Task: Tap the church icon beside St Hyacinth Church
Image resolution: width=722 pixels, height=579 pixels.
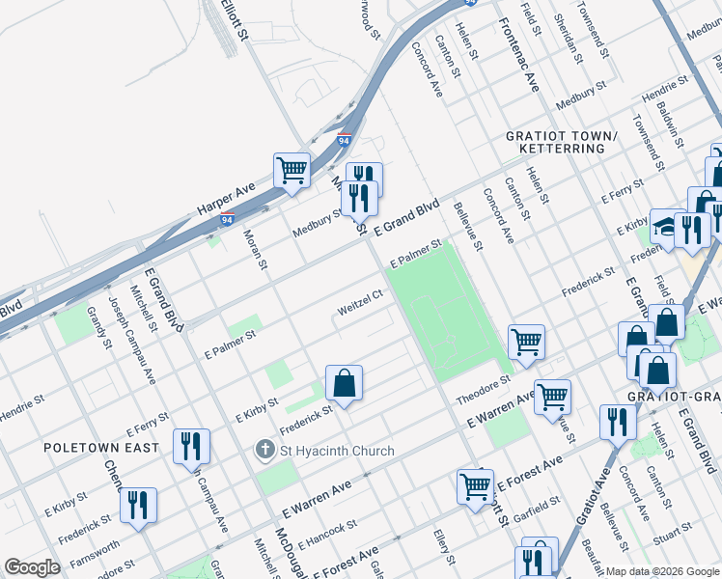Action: (x=265, y=451)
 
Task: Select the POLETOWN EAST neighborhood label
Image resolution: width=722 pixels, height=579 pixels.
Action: (x=88, y=448)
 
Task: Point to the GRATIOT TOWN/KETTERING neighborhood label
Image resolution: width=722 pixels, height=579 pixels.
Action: (x=561, y=142)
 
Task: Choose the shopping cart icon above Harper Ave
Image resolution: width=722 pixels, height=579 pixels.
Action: (x=292, y=171)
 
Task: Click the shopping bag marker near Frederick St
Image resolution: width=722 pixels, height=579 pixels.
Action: (x=344, y=384)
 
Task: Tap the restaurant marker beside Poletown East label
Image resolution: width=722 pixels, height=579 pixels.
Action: (x=191, y=446)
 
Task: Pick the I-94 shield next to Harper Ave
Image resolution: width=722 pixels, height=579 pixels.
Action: (x=227, y=220)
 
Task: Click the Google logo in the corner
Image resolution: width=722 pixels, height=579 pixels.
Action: (x=32, y=566)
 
